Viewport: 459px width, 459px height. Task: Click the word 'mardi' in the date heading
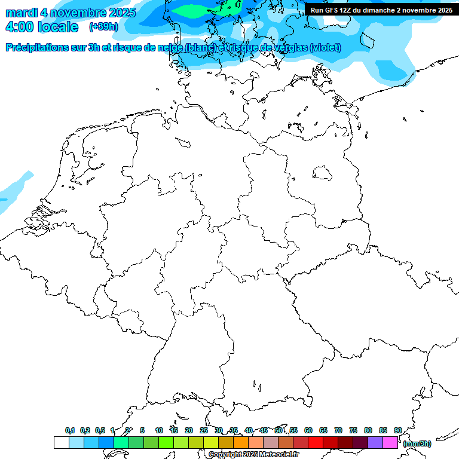coord(21,13)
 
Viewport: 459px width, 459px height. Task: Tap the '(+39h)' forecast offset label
coord(103,27)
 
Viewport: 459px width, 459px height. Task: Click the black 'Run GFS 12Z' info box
coord(381,10)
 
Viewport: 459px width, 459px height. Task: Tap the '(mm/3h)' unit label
coord(417,443)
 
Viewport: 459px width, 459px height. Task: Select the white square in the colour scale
coord(61,442)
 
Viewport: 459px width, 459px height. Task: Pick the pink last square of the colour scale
coord(390,442)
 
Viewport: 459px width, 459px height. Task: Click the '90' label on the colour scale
coord(398,430)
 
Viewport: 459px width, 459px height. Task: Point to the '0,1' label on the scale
coord(70,430)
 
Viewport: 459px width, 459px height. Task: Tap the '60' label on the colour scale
coord(308,430)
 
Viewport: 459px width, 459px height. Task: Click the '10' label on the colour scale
coord(159,430)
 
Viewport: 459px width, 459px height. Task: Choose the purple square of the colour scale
coord(375,442)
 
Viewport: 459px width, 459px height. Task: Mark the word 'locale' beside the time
coord(58,27)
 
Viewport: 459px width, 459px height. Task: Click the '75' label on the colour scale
coord(353,430)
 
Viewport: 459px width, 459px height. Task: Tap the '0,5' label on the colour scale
coord(100,430)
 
